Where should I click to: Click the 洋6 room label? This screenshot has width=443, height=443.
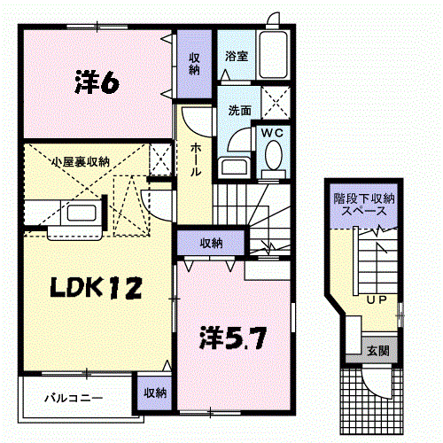pos(97,83)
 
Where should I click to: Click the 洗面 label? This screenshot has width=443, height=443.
pos(239,112)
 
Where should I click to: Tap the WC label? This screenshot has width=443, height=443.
pos(271,133)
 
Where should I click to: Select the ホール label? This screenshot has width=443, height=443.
pos(194,157)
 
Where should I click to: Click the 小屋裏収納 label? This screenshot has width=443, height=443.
pos(81,161)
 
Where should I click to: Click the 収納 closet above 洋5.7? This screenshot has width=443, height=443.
pos(210,242)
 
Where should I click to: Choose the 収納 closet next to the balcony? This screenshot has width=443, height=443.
pos(154,391)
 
